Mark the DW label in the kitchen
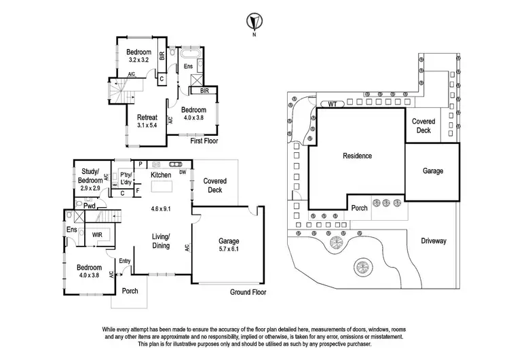183,173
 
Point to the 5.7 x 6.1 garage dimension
224,249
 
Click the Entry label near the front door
125,261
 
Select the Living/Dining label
161,240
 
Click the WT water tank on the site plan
332,104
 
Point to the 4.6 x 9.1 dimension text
161,209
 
